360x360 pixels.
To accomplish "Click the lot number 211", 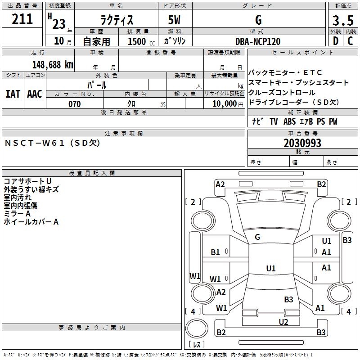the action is (22, 19).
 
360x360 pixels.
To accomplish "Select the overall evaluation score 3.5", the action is (342, 21).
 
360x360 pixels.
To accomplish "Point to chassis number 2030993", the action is (302, 143).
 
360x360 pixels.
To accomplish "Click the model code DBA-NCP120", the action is (258, 41).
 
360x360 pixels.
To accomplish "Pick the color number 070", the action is (74, 104).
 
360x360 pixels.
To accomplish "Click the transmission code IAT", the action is (13, 94).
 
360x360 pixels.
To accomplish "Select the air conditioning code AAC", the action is (35, 94).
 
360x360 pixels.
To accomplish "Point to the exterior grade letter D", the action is (335, 41).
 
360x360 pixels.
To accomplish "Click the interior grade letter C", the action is (350, 41).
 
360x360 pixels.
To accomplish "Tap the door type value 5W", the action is (175, 21).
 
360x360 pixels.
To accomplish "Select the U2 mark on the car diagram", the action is (283, 322).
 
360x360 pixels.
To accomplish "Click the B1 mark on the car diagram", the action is (216, 252).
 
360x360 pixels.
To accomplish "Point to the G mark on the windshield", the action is (257, 237).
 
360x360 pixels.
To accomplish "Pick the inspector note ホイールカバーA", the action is (31, 222).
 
